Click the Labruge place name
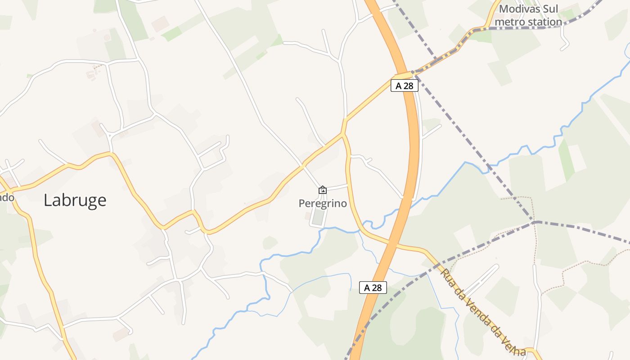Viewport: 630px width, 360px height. [x=75, y=200]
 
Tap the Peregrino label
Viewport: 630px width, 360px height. [x=323, y=204]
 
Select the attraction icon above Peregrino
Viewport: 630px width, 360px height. [x=323, y=190]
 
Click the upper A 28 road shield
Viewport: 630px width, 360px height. [x=404, y=86]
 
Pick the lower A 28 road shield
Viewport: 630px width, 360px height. [x=373, y=288]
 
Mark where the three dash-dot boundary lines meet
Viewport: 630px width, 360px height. [x=535, y=222]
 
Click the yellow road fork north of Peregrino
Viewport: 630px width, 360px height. [x=344, y=134]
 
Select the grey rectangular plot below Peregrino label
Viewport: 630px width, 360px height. [x=318, y=218]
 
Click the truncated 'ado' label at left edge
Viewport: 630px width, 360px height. [x=7, y=198]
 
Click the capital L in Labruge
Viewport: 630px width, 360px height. [x=48, y=200]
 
